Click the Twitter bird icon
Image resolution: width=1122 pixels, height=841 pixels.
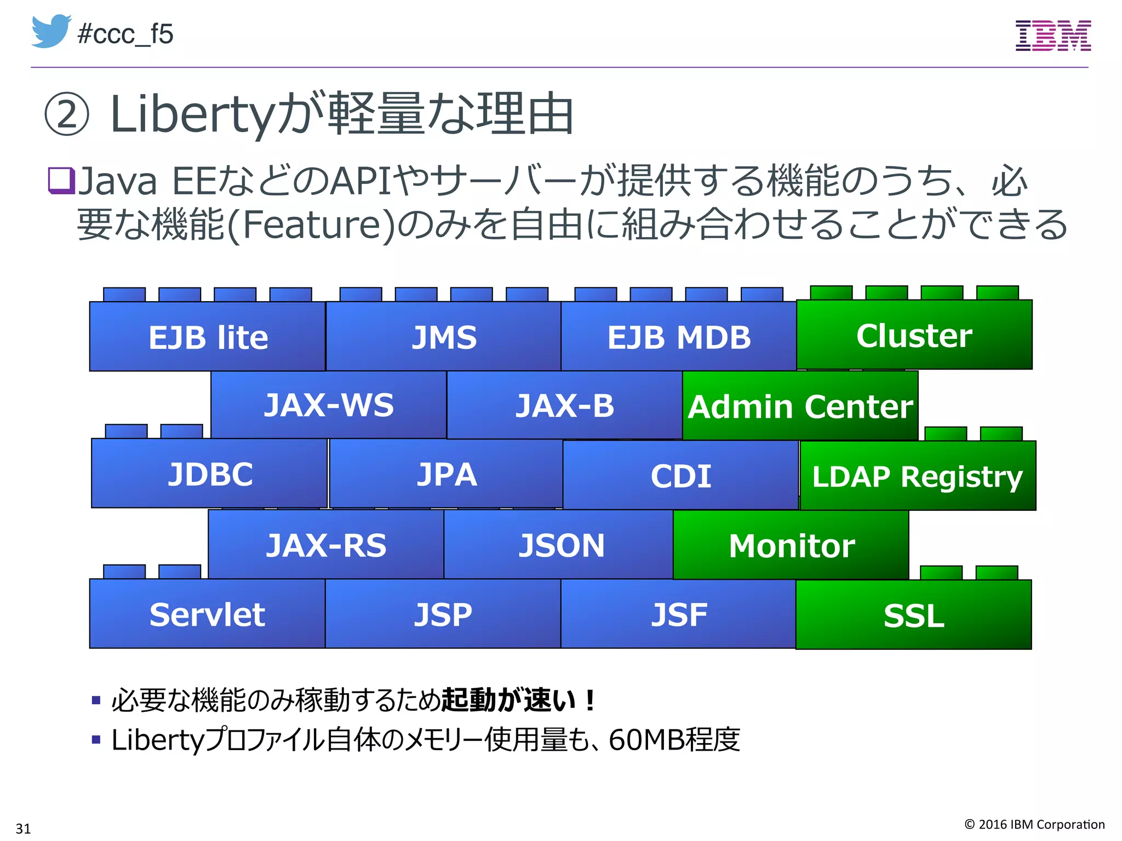tap(50, 32)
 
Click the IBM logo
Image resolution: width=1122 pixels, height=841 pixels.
tap(1053, 36)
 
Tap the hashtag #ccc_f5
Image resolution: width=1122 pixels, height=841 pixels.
tap(125, 34)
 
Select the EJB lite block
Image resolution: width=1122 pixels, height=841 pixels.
tap(208, 337)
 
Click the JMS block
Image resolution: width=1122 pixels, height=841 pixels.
tap(444, 337)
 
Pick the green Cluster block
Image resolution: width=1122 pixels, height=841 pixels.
tap(914, 335)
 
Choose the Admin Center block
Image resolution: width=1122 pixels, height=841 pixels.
tap(800, 406)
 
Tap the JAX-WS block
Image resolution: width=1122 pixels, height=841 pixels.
tap(329, 405)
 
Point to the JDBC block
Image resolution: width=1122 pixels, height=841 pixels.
tap(210, 474)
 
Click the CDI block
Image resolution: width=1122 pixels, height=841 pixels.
tap(680, 475)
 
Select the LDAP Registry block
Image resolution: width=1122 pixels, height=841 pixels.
tap(918, 476)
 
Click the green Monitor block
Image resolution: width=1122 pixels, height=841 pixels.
tap(791, 545)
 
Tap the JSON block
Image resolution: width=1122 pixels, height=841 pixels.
tap(561, 545)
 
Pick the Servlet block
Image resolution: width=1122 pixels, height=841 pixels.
tap(207, 614)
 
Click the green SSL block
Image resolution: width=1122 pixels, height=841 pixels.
tap(913, 615)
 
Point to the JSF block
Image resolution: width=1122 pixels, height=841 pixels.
tap(678, 614)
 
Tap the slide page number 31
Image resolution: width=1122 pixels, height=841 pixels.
tap(23, 828)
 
